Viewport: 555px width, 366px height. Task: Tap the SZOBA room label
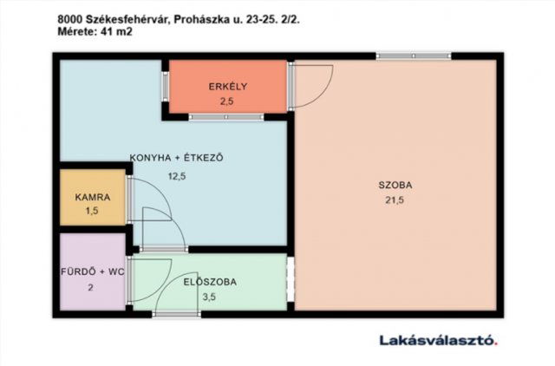[x=395, y=185]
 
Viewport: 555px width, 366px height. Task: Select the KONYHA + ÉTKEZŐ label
[x=177, y=158]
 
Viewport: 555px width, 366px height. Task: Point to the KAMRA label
[x=92, y=197]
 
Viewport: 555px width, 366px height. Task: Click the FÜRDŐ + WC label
[x=93, y=271]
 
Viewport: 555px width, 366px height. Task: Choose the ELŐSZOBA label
[x=210, y=282]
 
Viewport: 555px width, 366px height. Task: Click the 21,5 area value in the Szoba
[x=395, y=200]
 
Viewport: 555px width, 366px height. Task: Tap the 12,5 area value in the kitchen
[x=177, y=175]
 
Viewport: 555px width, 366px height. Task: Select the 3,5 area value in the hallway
[x=210, y=297]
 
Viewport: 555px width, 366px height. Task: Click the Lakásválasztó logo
[x=438, y=340]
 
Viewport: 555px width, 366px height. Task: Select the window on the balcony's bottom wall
[x=226, y=116]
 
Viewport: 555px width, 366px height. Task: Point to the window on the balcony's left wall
[x=165, y=87]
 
